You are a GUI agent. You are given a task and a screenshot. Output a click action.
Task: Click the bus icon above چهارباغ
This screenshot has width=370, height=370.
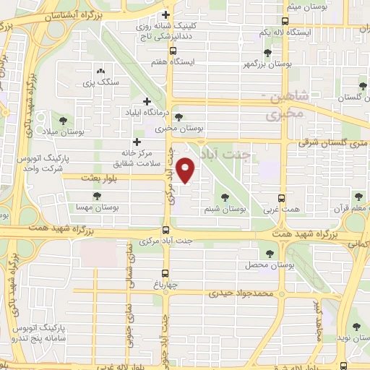pos(166,273)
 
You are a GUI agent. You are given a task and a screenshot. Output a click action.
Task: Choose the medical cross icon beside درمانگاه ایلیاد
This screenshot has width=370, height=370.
pos(147,102)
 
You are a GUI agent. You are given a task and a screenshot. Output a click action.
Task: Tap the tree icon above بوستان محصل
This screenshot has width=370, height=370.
pos(270,254)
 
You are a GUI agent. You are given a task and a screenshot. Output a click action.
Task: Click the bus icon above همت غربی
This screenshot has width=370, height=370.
pos(281,197)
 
